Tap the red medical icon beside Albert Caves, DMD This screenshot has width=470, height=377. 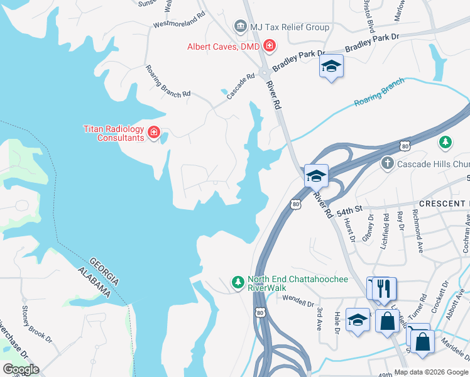[x=270, y=45]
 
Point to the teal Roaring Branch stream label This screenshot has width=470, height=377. [x=380, y=93]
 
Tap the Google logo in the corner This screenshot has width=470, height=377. [x=21, y=369]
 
